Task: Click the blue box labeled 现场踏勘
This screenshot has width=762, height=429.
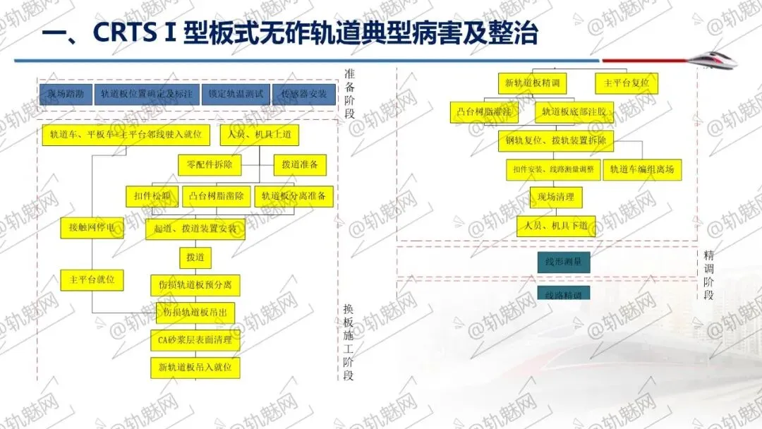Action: click(x=64, y=94)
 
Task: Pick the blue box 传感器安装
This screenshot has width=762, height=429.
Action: click(x=303, y=94)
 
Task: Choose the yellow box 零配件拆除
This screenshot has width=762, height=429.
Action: click(x=210, y=165)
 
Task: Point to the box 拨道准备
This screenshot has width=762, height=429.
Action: click(x=300, y=165)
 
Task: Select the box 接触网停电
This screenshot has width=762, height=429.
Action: click(x=92, y=228)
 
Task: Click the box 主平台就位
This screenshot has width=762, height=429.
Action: click(x=92, y=279)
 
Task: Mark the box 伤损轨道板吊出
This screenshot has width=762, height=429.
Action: click(x=195, y=313)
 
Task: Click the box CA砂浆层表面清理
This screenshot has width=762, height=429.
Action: click(x=195, y=340)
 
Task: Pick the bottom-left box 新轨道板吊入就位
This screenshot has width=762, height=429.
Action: click(x=195, y=368)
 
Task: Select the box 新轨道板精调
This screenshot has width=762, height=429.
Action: click(x=532, y=83)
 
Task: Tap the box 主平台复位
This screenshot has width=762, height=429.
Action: click(x=627, y=83)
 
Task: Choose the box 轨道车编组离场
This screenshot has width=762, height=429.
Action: click(x=642, y=169)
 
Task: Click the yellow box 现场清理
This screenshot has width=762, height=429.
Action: click(x=555, y=197)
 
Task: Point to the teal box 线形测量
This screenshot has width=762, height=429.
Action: click(x=563, y=262)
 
